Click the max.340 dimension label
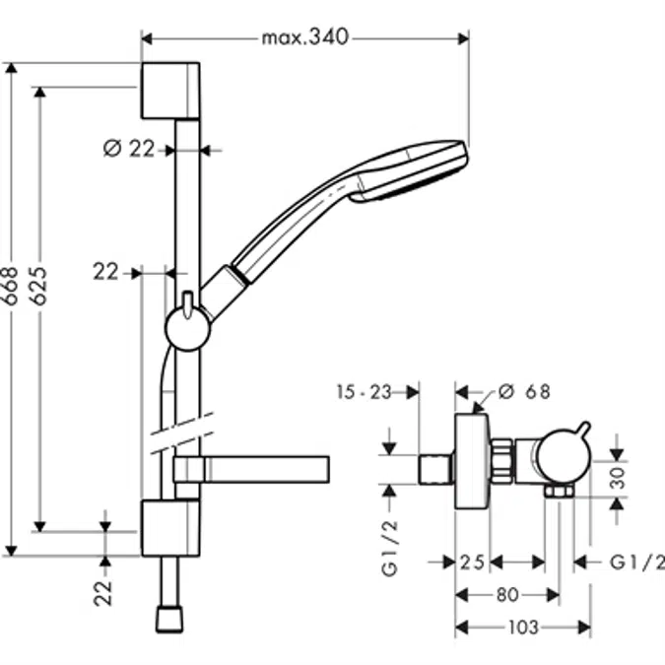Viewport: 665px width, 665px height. point(305,38)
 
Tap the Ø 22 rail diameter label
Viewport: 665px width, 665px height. point(130,149)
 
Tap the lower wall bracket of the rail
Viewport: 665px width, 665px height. point(169,527)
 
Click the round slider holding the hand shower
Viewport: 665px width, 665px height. point(187,328)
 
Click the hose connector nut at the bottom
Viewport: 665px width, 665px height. point(169,619)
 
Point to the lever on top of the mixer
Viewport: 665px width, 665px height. point(582,434)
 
